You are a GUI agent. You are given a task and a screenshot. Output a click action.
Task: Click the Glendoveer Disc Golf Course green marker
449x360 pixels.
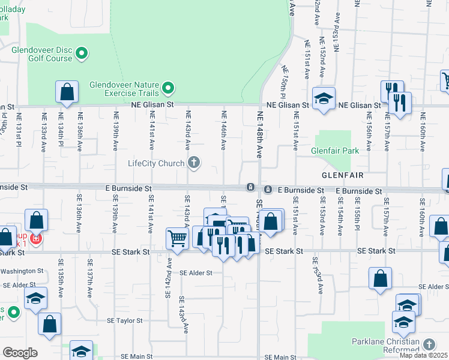click(x=82, y=54)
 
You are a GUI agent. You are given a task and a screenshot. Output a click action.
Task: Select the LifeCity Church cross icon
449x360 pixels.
click(x=194, y=163)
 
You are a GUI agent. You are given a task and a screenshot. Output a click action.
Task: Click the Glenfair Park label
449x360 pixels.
click(x=335, y=151)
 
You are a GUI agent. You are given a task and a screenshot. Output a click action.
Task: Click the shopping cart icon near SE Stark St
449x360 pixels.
click(x=178, y=239)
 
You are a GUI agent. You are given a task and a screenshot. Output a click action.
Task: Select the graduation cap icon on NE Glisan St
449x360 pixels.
click(x=324, y=98)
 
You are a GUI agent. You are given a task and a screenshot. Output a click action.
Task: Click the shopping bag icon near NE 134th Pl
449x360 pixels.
click(x=67, y=92)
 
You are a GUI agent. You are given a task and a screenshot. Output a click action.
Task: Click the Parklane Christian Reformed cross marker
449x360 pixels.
click(x=429, y=344)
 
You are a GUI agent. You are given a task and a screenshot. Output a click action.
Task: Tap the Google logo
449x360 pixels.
click(x=20, y=353)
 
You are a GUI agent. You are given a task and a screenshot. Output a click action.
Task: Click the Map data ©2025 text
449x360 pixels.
click(x=423, y=355)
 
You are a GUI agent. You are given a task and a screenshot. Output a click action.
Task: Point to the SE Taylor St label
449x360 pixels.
click(x=125, y=321)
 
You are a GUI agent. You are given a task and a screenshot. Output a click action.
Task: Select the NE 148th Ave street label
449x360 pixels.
click(x=261, y=135)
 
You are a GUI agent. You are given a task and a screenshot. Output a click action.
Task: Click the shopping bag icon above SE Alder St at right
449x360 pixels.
click(x=380, y=278)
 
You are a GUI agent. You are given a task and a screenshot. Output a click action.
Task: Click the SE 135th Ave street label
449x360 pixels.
click(x=61, y=278)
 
